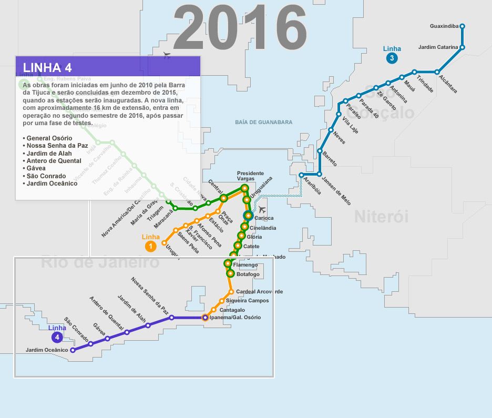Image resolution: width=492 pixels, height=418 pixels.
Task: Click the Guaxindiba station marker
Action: [x=462, y=26]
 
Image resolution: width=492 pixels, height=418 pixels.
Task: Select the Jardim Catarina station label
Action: [x=438, y=47]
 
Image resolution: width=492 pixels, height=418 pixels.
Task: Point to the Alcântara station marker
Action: [x=437, y=72]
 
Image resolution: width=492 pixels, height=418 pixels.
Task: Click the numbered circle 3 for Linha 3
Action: [x=391, y=58]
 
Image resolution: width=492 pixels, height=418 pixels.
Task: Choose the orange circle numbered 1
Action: [x=150, y=246]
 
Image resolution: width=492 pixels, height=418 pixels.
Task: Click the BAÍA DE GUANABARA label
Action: [x=264, y=122]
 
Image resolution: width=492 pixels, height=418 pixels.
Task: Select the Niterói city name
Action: [x=381, y=216]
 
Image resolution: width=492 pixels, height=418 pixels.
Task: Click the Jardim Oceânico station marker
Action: [x=73, y=350]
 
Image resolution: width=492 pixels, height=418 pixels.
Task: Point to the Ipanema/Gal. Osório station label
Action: [x=234, y=318]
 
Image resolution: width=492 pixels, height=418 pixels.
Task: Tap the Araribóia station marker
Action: [x=301, y=175]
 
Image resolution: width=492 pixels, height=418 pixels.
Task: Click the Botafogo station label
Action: [x=248, y=274]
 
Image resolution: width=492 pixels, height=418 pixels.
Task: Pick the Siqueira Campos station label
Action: [x=247, y=301]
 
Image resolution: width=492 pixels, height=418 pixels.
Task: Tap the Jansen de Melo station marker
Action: [x=320, y=174]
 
